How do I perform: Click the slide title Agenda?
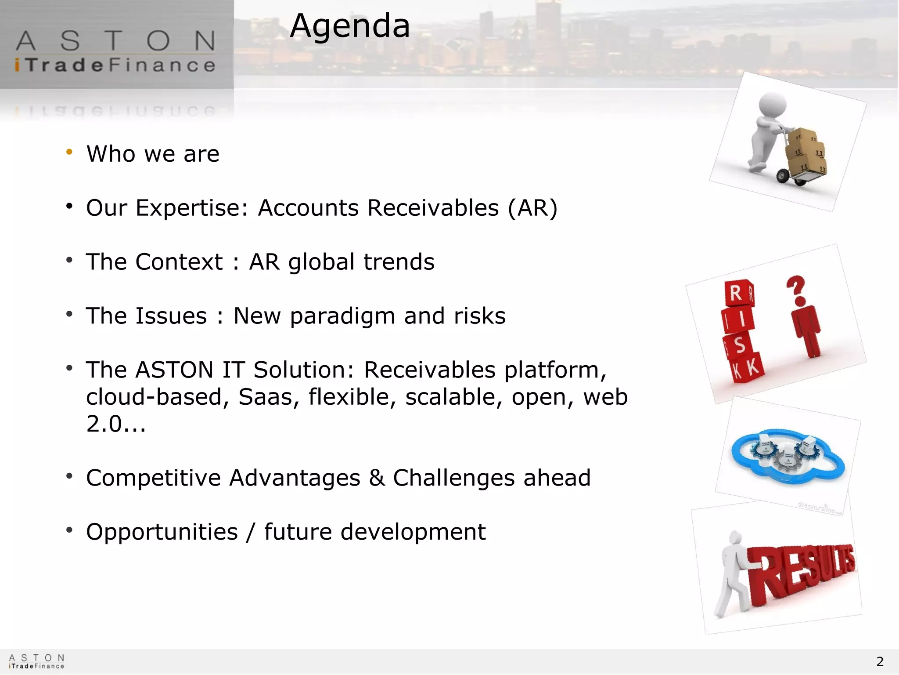pos(350,26)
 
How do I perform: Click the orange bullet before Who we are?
pos(69,152)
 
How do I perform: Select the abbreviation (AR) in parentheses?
pos(532,208)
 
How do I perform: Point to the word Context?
pos(179,262)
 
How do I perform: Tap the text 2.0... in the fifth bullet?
pos(116,424)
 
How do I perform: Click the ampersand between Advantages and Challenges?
pos(377,478)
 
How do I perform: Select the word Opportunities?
pos(162,532)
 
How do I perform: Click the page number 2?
pos(880,661)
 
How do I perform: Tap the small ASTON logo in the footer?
pos(37,661)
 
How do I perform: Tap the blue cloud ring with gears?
pos(788,457)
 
